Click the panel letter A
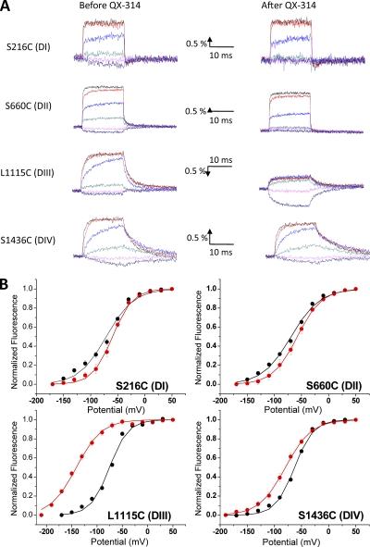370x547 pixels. [7, 6]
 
